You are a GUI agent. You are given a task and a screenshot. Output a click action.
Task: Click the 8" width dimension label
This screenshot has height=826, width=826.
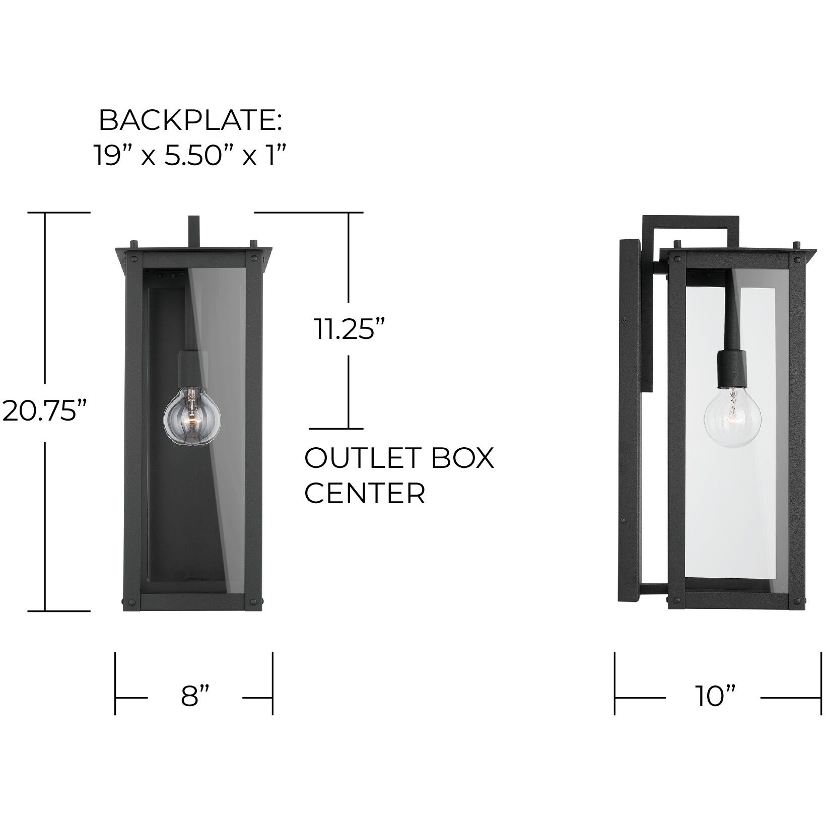click(194, 698)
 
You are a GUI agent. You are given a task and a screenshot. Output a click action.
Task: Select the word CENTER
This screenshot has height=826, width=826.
click(365, 494)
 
